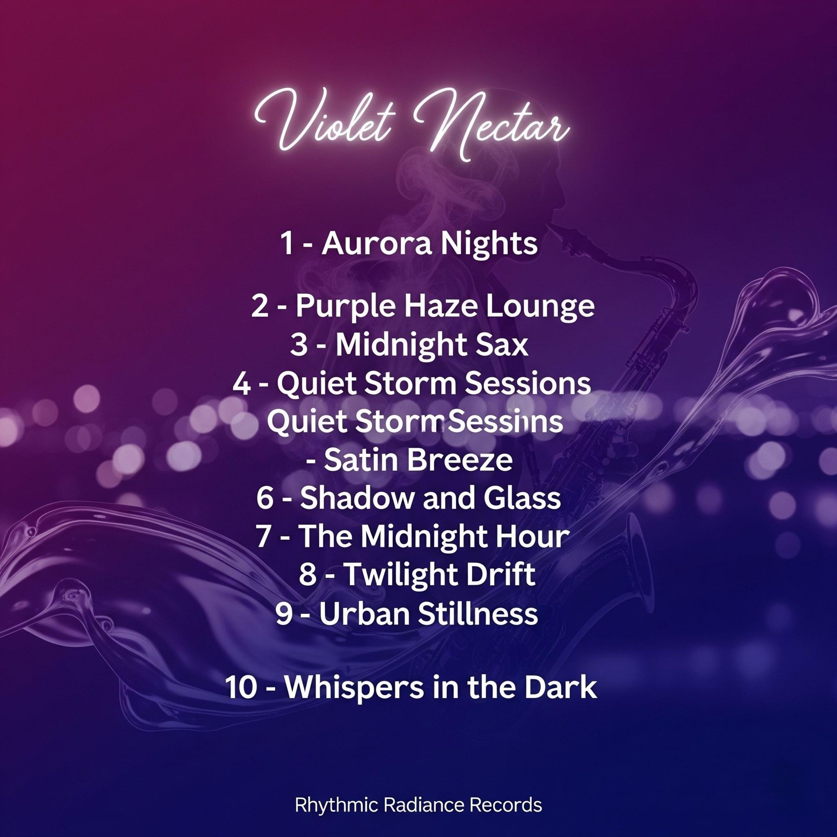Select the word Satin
[x=361, y=461]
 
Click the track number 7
[x=264, y=537]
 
